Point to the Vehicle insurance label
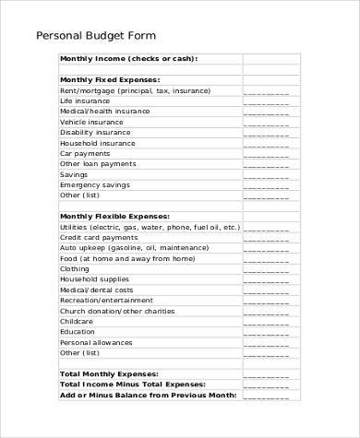(x=91, y=122)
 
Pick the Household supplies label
(x=94, y=278)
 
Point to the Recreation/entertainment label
(x=106, y=300)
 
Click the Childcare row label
(x=76, y=321)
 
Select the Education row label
(x=78, y=331)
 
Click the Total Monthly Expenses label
(x=117, y=373)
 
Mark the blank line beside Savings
(x=266, y=175)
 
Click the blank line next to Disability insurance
(x=266, y=134)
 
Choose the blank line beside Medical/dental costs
(x=266, y=290)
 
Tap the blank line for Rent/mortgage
(x=266, y=92)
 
